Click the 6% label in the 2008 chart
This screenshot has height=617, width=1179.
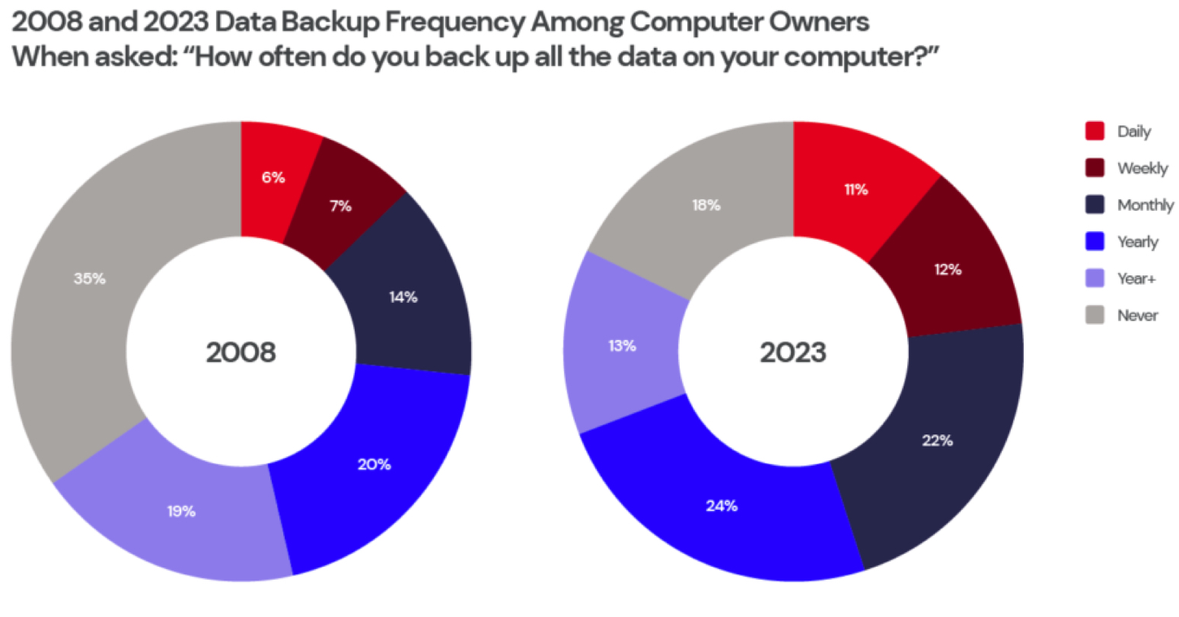(x=273, y=177)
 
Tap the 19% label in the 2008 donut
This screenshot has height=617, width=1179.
(x=182, y=511)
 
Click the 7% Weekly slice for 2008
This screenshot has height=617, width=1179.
(x=342, y=205)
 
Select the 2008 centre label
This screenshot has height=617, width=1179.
(x=241, y=352)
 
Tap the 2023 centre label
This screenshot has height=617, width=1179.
(x=792, y=352)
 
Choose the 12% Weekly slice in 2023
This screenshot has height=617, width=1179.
(x=948, y=269)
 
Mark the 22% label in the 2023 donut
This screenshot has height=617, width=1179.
(x=938, y=440)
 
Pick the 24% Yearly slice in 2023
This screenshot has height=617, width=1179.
(x=721, y=505)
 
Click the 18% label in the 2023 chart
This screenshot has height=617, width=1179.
(x=706, y=205)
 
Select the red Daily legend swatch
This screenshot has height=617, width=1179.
(x=1095, y=131)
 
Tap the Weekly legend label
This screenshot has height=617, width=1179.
(x=1142, y=168)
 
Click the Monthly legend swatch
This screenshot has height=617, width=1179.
(x=1095, y=205)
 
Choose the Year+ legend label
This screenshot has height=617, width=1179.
(x=1137, y=278)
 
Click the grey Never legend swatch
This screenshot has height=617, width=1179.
(x=1095, y=315)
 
